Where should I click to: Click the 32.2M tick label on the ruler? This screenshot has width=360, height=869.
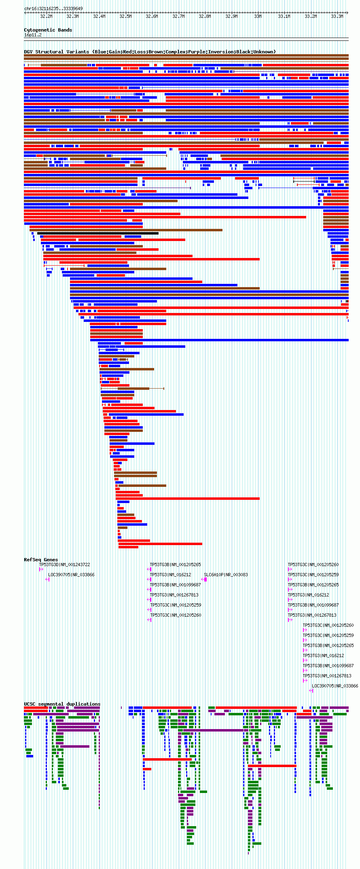46,16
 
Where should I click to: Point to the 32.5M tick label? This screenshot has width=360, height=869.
125,16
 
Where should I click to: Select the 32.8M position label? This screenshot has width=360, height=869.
205,16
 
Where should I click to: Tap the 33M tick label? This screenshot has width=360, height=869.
258,16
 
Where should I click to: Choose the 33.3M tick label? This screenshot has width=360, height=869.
337,16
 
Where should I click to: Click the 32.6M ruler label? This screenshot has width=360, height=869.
152,16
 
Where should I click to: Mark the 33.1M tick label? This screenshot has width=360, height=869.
284,16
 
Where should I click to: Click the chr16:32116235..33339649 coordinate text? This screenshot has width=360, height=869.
53,8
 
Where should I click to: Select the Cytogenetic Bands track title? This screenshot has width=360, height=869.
48,30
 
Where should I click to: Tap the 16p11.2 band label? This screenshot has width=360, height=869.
33,35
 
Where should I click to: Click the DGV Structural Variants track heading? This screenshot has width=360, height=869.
150,52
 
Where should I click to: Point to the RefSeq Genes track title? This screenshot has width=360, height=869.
41,560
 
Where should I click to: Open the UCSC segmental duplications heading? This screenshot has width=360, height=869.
62,704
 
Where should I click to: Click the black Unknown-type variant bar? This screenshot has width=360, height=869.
97,233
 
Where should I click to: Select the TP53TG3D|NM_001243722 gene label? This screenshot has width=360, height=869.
64,565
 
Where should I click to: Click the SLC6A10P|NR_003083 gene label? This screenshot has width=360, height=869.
226,575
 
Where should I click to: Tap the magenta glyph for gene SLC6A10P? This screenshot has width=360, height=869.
205,579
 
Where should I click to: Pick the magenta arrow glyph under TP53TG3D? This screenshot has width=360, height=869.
41,569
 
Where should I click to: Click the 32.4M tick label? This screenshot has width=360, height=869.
99,16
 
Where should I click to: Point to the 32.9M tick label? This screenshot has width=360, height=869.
231,16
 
